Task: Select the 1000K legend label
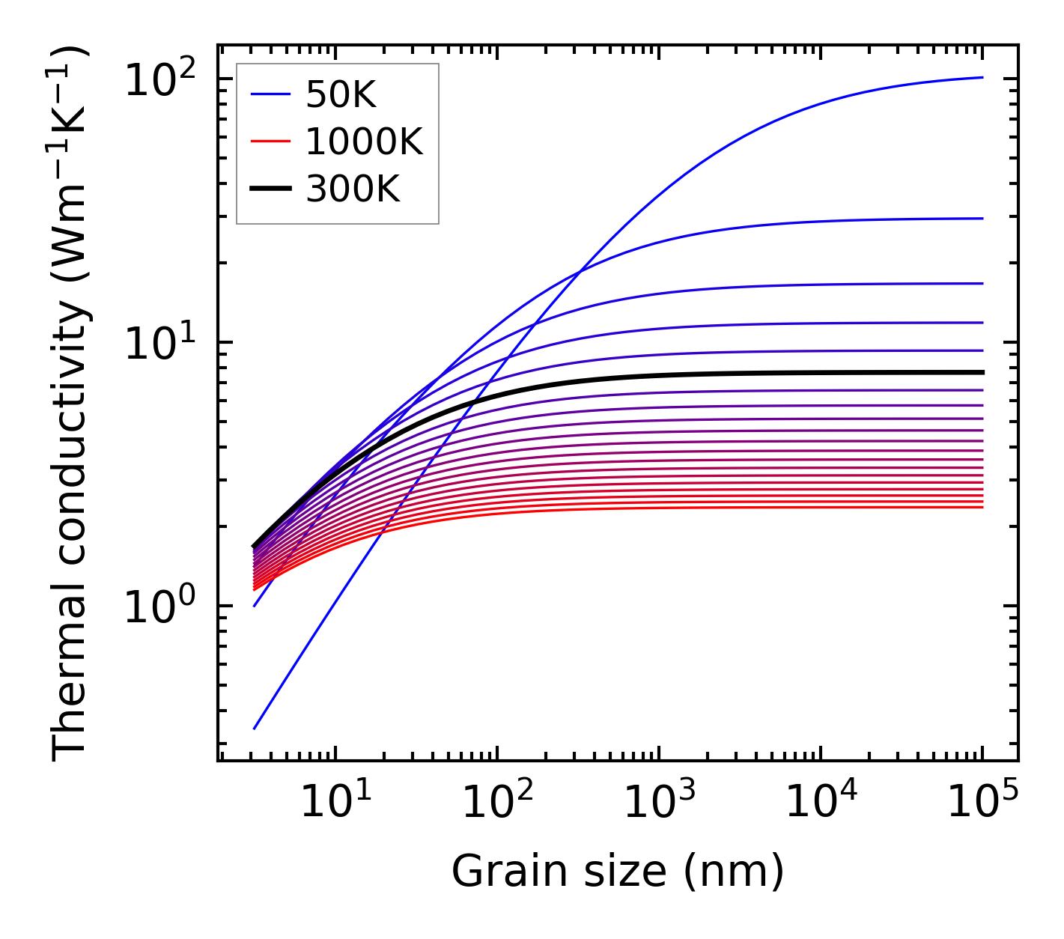click(x=364, y=142)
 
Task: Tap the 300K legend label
click(x=353, y=189)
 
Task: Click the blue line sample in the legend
click(x=270, y=94)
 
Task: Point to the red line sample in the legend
click(x=270, y=142)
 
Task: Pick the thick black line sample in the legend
click(x=270, y=189)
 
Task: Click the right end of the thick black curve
click(x=981, y=372)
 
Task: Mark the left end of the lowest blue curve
click(x=255, y=728)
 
